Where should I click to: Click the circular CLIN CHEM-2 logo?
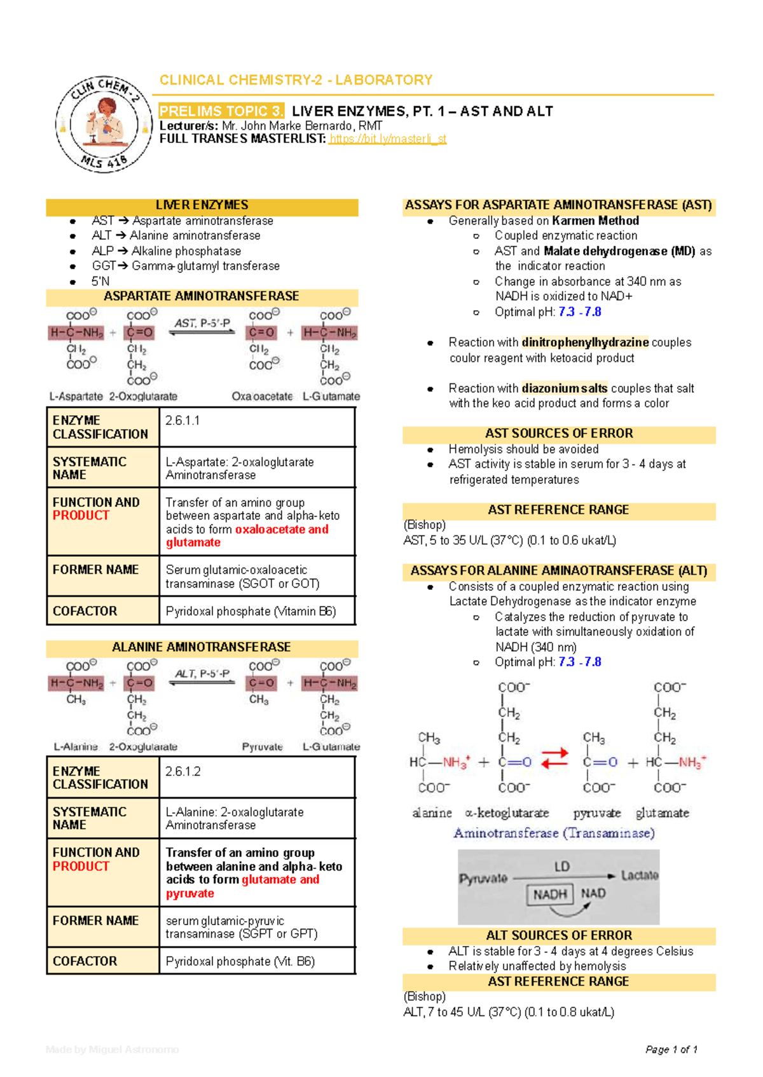tap(104, 125)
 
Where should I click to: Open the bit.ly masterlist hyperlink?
tap(387, 139)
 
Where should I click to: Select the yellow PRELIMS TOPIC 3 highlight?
tap(221, 111)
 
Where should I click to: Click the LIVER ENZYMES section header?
tap(202, 205)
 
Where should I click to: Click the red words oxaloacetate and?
tap(282, 530)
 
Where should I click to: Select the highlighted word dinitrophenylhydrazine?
tap(585, 342)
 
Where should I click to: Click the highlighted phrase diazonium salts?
tap(565, 388)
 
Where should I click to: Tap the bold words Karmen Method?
tap(595, 221)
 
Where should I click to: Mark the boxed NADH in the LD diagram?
tap(549, 895)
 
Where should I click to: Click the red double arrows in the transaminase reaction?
tap(554, 758)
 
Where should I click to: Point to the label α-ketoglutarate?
tap(507, 813)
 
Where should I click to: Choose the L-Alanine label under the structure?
tap(76, 746)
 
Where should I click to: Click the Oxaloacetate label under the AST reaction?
tap(262, 396)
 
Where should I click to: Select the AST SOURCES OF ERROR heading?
tap(559, 433)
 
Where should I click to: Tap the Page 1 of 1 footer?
tap(671, 1050)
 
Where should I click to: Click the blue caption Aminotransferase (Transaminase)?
tap(554, 833)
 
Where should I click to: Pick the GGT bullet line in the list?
tap(186, 266)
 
